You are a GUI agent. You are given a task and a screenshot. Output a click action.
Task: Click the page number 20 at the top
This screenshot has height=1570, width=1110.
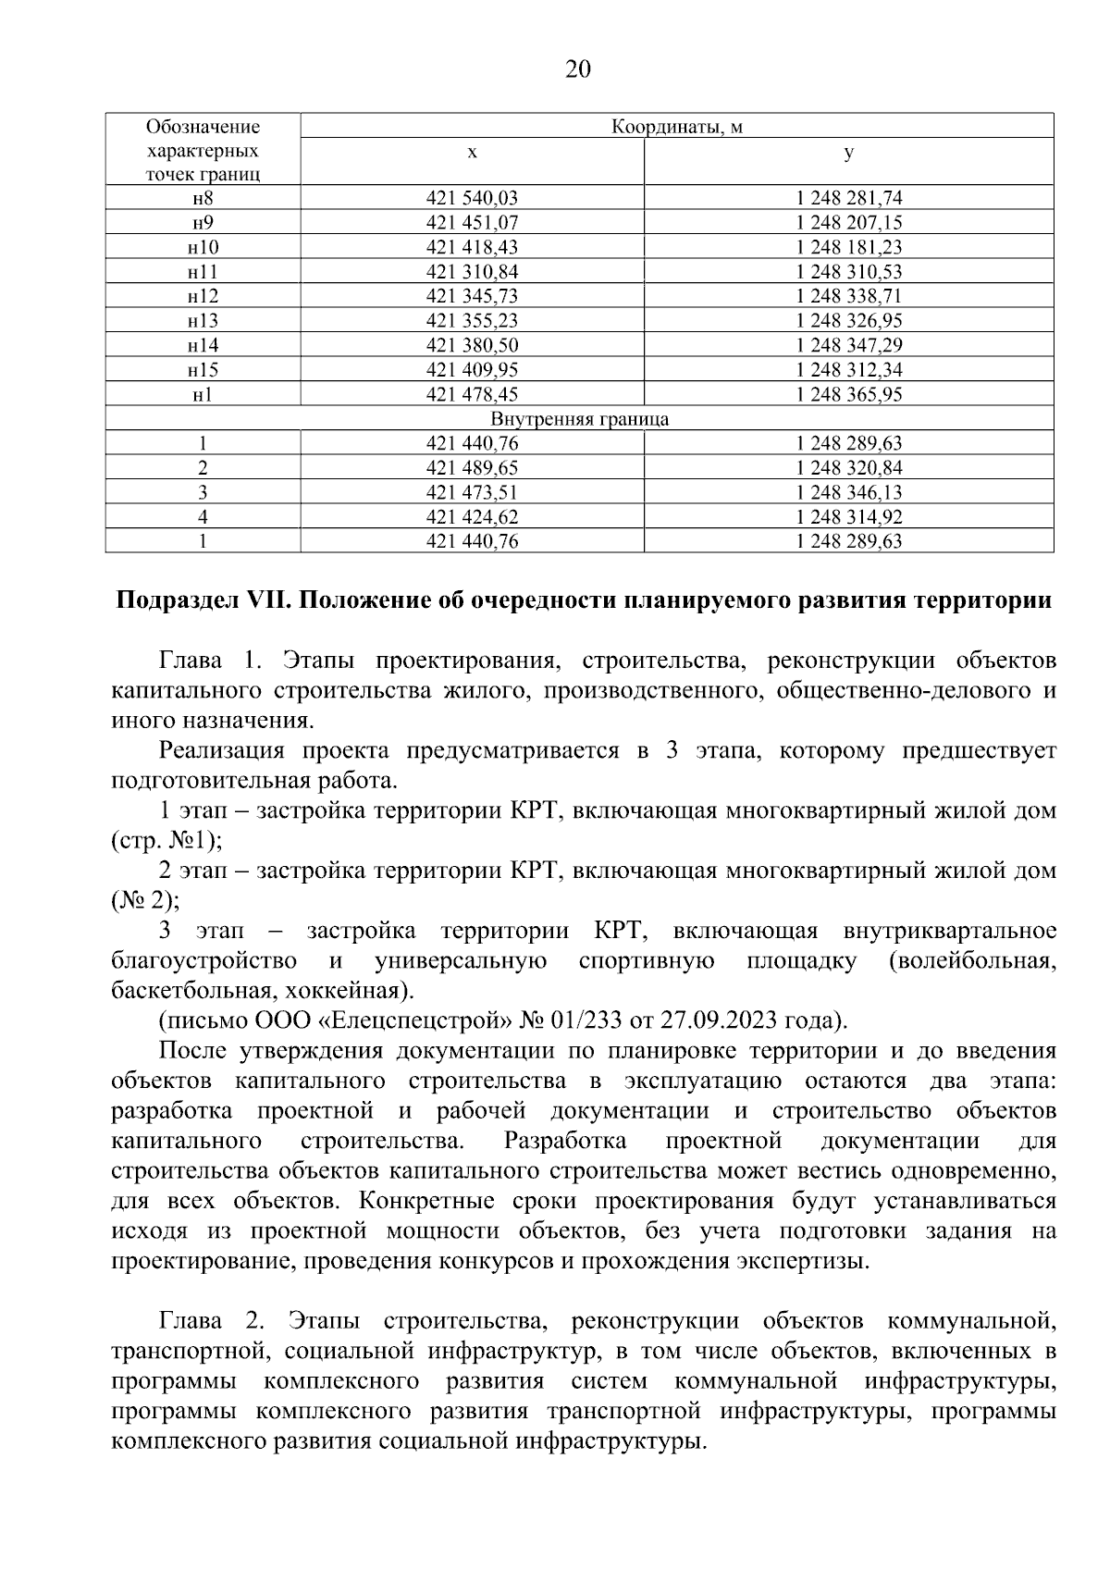coord(577,70)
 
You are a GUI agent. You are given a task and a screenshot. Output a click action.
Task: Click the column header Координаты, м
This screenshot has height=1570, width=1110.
coord(677,127)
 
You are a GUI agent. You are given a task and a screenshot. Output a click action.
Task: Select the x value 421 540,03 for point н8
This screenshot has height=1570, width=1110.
coord(472,198)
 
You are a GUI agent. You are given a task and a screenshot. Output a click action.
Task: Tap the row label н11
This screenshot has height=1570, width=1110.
coord(203,272)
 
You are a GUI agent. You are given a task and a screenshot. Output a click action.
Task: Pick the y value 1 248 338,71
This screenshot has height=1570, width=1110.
coord(848,296)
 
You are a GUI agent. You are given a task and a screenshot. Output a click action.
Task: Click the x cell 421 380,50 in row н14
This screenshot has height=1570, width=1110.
coord(472,345)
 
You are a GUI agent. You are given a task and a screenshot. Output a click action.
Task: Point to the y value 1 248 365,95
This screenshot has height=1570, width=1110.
coord(848,394)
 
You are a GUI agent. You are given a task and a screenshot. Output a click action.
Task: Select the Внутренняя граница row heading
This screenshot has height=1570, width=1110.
coord(579,419)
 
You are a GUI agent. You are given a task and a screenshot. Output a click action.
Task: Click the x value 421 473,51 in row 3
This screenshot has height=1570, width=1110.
coord(472,492)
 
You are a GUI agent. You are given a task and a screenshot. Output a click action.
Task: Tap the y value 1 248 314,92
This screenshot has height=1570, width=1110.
coord(848,517)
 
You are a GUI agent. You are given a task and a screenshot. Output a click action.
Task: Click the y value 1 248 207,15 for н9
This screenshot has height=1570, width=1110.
coord(848,223)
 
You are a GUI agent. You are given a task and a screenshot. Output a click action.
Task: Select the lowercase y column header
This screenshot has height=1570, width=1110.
coord(848,153)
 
